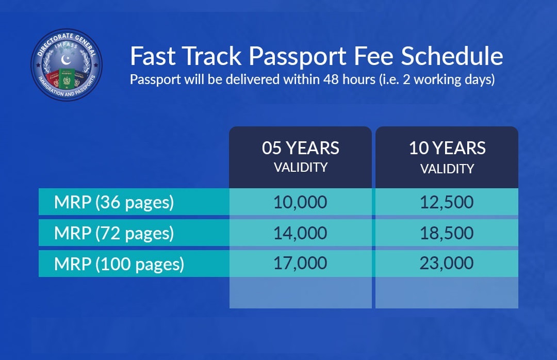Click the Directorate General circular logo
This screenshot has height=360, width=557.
tap(67, 64)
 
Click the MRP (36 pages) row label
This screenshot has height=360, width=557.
tap(114, 202)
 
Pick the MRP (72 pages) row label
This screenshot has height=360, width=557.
tap(114, 233)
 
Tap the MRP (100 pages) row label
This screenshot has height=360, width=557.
tap(119, 264)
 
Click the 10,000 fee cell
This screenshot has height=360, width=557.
tap(300, 202)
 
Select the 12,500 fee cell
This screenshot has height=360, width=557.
tap(447, 202)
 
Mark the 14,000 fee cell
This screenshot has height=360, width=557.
tap(300, 233)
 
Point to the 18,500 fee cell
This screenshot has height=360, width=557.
tap(447, 233)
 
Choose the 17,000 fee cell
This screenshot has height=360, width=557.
tap(300, 263)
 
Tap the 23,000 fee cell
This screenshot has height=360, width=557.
tap(447, 263)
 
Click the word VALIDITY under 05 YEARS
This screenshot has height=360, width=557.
tap(301, 168)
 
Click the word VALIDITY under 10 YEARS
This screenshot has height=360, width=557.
tap(447, 169)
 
